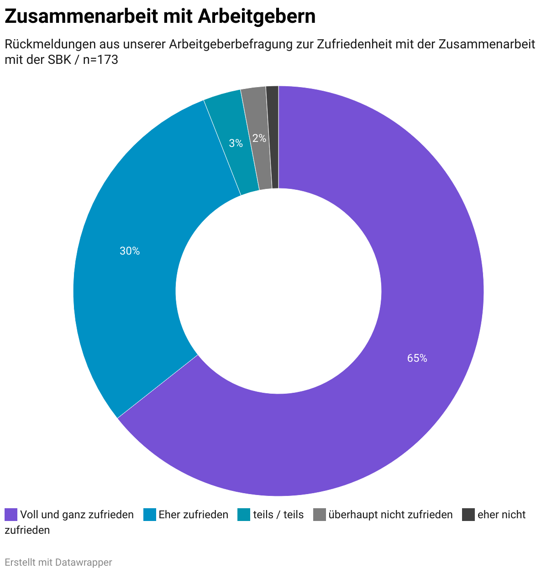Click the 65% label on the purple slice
tap(417, 359)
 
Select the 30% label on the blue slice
tap(130, 251)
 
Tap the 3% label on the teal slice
tap(236, 143)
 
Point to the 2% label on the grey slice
tap(259, 138)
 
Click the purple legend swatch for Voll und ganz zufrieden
tap(11, 515)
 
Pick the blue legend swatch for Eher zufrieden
tap(150, 515)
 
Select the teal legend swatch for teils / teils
tap(244, 515)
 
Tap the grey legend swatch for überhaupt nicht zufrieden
tap(320, 515)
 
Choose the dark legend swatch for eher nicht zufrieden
tap(468, 515)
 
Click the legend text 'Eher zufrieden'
tap(193, 515)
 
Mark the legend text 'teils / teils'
tap(278, 515)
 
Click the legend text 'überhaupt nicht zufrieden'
tap(390, 515)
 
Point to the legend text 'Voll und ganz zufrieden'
tap(77, 515)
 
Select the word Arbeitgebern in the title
tap(257, 16)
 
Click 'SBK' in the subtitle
tap(59, 60)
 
